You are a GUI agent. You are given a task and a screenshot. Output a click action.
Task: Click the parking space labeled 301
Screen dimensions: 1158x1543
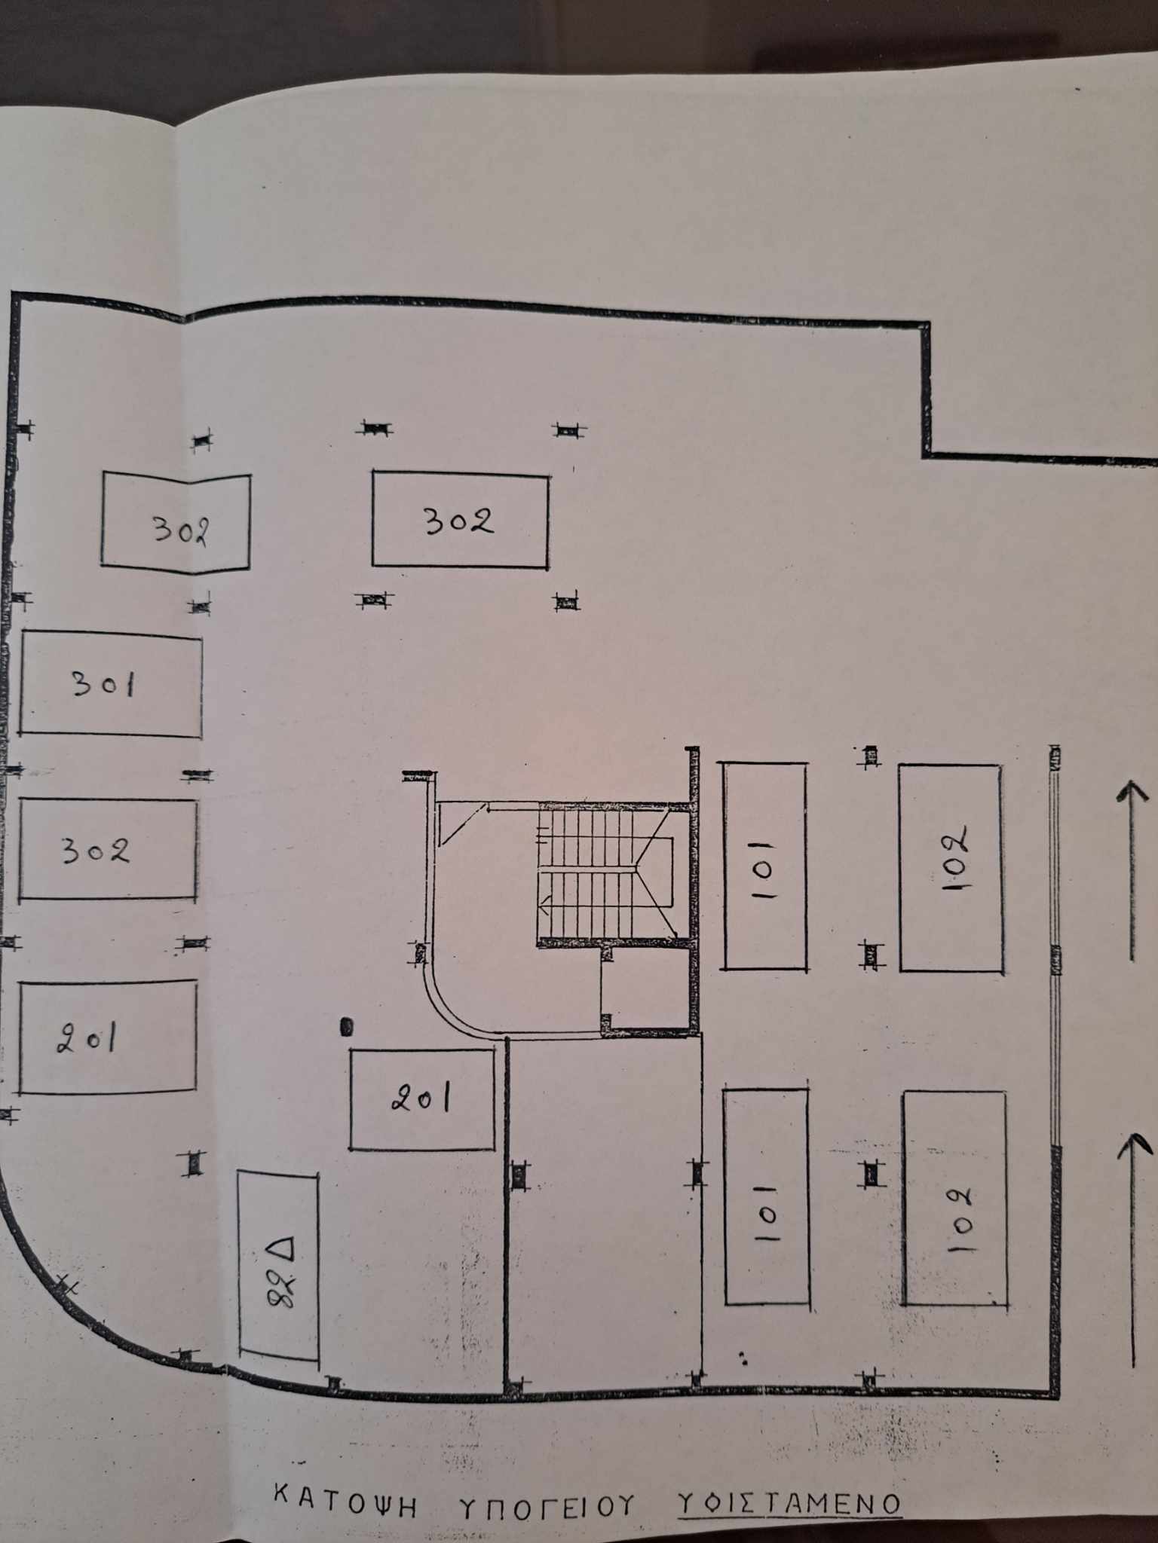coord(111,684)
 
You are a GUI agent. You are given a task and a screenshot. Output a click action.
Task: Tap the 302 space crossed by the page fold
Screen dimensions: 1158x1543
coord(176,523)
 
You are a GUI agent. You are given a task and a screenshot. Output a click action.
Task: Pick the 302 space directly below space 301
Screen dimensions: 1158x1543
coord(108,849)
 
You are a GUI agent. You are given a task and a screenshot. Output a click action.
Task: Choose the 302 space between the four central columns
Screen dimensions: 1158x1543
coord(460,521)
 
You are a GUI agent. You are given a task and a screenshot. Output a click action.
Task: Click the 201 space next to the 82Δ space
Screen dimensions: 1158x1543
coord(422,1100)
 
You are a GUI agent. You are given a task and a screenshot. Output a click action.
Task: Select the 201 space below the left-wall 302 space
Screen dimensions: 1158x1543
coord(108,1037)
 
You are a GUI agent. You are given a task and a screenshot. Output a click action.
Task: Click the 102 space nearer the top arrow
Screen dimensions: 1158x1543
coord(951,868)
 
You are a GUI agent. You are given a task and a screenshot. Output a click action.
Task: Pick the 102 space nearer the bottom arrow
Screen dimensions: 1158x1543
coord(954,1198)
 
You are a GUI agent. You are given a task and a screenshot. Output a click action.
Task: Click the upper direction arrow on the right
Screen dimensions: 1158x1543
coord(1132,871)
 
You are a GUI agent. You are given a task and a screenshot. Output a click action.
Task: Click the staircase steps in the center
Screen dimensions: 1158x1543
coord(603,872)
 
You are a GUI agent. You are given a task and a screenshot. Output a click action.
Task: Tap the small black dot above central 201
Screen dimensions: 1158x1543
coord(347,1026)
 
